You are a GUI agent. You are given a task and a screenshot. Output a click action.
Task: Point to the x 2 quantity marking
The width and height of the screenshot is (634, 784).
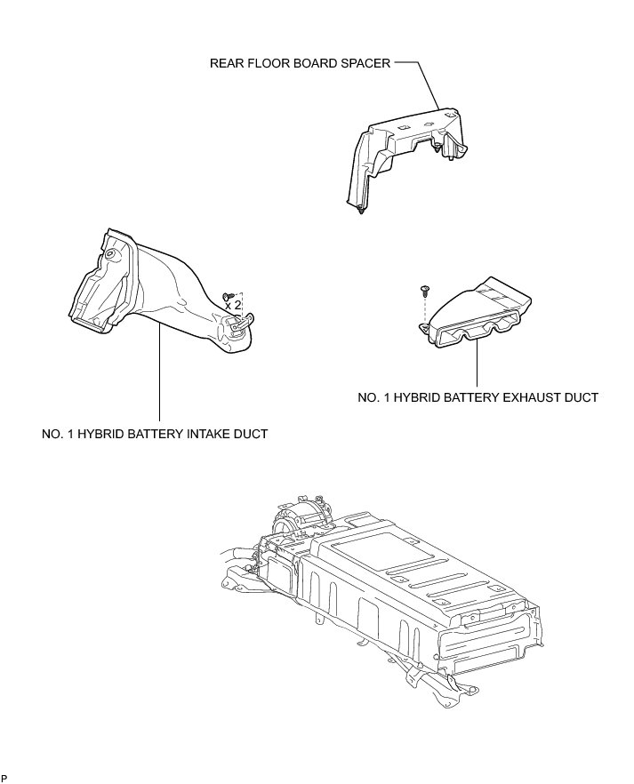234,304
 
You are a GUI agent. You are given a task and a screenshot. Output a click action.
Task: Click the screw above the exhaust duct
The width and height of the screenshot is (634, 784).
424,289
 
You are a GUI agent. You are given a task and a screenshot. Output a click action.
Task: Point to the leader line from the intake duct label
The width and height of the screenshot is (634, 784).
159,373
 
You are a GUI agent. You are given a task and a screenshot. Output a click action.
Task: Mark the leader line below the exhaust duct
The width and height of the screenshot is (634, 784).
478,364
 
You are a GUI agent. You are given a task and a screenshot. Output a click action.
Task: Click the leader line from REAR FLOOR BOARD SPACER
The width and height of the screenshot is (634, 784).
427,84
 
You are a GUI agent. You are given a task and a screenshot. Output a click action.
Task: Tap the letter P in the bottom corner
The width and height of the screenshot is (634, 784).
4,779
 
